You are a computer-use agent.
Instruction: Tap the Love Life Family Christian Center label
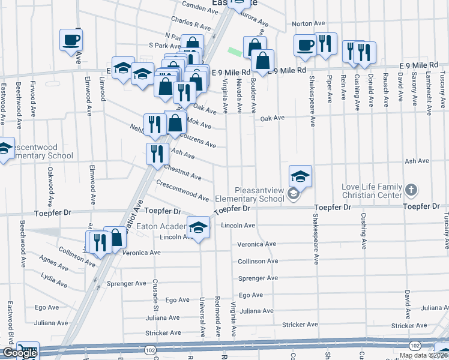[x=372, y=190]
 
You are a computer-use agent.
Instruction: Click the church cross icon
[x=411, y=190]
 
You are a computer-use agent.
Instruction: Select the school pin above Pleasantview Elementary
[x=300, y=176]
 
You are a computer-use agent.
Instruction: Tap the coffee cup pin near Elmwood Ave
[x=71, y=40]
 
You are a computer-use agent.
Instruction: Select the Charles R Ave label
[x=191, y=23]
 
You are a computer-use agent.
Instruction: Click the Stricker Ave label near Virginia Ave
[x=300, y=325]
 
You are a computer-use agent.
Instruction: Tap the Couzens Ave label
[x=198, y=140]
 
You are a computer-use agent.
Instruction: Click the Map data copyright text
[x=424, y=355]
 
